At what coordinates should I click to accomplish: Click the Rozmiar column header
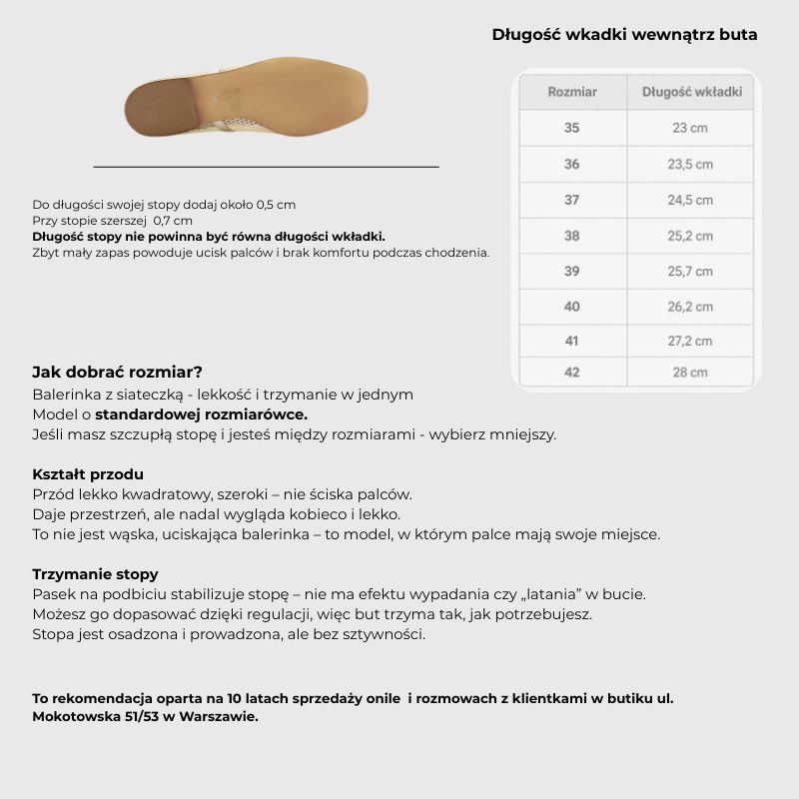coord(572,92)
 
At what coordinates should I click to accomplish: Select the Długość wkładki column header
coord(691,92)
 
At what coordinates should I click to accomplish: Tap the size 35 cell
coord(571,128)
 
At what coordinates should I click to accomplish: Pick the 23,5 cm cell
coord(690,164)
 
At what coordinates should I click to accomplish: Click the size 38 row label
coord(571,236)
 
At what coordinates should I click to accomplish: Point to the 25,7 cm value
coord(690,272)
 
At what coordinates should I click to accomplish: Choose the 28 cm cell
coord(690,373)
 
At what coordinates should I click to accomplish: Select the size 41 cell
coord(571,341)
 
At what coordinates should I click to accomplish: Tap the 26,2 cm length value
coord(690,307)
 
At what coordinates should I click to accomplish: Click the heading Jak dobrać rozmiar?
coord(117,372)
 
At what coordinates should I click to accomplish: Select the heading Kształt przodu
coord(88,473)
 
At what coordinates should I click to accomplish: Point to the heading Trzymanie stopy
coord(95,574)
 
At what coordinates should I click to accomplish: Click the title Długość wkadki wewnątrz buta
coord(624,35)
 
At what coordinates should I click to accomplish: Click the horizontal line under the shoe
coord(266,167)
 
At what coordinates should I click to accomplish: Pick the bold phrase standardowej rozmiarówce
coord(202,414)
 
